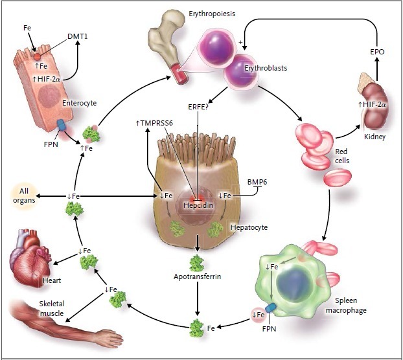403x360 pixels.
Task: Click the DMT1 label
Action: click(77, 36)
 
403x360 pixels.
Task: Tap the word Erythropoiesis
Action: click(212, 14)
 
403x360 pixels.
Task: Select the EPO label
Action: click(377, 52)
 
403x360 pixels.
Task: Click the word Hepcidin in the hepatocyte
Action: click(198, 205)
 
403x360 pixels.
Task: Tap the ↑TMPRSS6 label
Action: click(154, 123)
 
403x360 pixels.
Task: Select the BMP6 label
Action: click(257, 182)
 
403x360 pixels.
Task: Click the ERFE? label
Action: click(198, 107)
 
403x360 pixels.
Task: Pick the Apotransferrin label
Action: click(197, 276)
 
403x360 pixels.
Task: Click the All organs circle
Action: click(24, 196)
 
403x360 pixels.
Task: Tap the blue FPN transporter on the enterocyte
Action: click(62, 125)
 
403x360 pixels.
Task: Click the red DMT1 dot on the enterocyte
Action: click(38, 57)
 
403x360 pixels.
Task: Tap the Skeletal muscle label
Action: click(52, 308)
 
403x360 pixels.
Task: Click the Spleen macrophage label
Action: click(346, 306)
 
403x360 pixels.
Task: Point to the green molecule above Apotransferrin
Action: click(197, 263)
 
